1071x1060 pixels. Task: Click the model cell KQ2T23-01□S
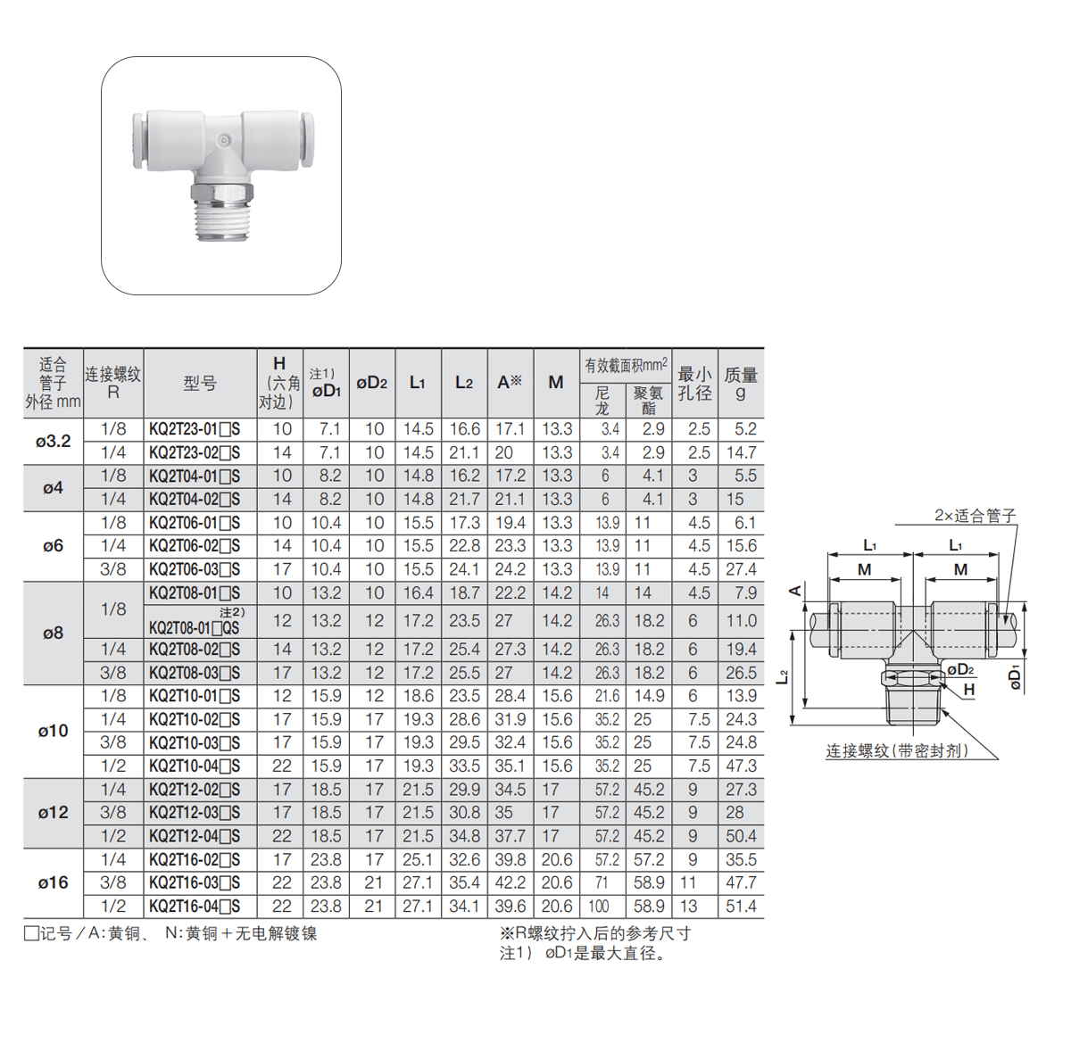point(195,430)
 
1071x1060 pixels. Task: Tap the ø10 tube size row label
point(54,731)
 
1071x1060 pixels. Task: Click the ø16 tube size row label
point(54,882)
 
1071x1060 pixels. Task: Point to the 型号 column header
point(200,383)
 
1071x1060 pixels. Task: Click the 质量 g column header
point(741,384)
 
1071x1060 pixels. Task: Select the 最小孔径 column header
point(694,384)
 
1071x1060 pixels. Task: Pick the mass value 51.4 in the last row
point(741,907)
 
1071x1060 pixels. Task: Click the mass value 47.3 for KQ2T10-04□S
point(741,766)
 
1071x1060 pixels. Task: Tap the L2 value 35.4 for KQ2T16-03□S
point(465,882)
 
